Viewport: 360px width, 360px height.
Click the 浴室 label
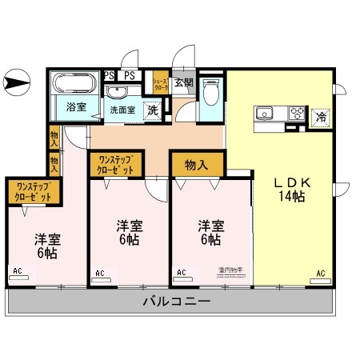(76, 106)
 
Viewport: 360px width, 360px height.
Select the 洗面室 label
(122, 109)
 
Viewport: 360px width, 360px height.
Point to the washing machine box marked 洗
(152, 110)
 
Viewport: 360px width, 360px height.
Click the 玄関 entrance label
(183, 82)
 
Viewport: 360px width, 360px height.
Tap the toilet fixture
(211, 94)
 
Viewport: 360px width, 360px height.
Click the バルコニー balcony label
(178, 302)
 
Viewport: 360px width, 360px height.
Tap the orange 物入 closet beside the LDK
(197, 165)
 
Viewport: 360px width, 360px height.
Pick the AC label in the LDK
(320, 274)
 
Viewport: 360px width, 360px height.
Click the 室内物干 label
(230, 270)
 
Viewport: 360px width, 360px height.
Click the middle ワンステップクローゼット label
(116, 166)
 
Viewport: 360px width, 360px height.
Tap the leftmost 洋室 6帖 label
(46, 246)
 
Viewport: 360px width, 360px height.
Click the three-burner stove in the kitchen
(294, 113)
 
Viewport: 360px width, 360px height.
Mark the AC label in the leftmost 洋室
(17, 271)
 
